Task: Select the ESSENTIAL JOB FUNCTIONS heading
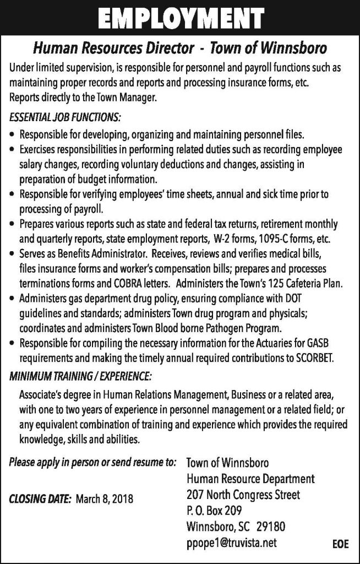point(65,118)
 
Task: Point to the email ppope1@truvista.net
point(232,543)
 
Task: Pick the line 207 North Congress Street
point(244,495)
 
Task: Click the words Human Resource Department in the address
point(250,479)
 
